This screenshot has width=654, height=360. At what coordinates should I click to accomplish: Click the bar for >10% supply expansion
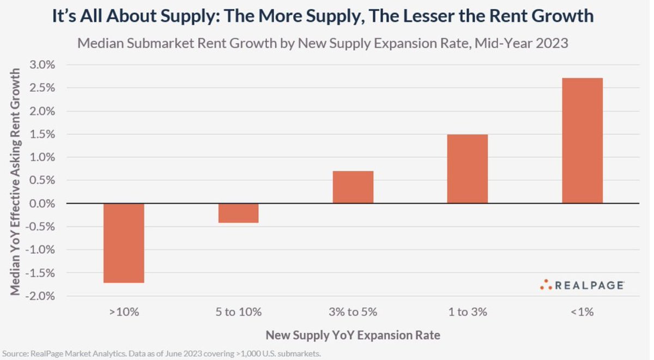coord(124,243)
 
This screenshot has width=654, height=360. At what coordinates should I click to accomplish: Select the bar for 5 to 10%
coord(238,213)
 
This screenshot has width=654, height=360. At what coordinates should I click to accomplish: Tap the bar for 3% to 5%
coord(353,187)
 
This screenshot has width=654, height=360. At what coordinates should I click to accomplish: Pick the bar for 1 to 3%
coord(467,169)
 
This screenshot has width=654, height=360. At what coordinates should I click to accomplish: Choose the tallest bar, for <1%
coord(582,141)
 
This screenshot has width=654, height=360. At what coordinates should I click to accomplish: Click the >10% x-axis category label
coord(124,312)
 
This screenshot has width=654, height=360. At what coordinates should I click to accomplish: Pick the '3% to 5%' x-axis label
coord(353,312)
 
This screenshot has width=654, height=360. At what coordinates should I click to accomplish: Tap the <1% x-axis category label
coord(582,312)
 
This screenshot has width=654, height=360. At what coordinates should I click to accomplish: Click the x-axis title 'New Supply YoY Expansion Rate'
coord(353,335)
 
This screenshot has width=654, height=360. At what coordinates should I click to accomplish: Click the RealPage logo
coord(582,285)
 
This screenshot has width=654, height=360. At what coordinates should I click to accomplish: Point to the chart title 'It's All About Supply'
coord(323,16)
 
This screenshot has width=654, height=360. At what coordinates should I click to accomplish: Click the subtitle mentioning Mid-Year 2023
coord(323,43)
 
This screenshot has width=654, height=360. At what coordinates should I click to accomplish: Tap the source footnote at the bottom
coord(161,354)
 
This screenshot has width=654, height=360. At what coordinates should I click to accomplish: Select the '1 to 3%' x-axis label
coord(467,312)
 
